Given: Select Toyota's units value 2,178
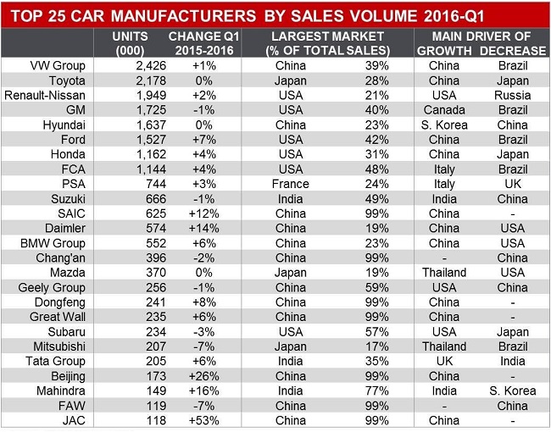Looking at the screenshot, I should click(133, 80).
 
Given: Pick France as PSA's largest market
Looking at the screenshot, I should click(291, 183).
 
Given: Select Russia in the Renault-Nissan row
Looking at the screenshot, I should click(513, 95).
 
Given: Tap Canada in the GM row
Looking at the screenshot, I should click(444, 110).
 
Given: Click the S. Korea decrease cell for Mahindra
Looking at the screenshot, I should click(513, 390).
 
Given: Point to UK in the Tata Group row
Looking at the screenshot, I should click(444, 362).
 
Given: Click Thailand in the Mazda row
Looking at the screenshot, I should click(444, 273).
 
